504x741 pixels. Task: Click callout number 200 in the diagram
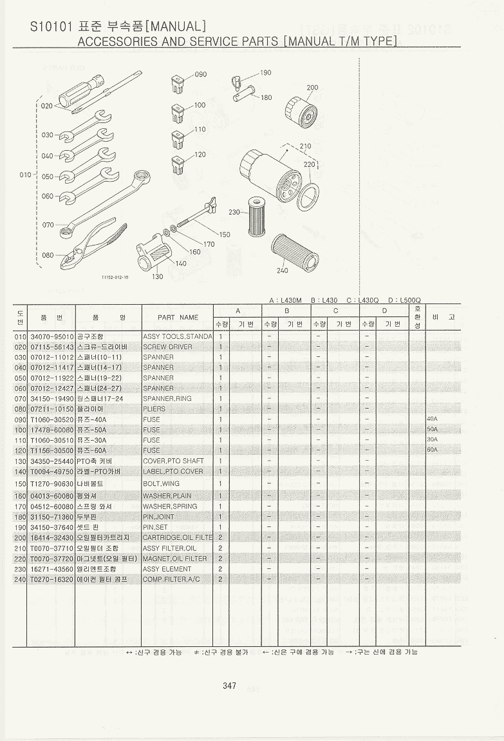pos(312,88)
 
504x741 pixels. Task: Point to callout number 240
pos(282,271)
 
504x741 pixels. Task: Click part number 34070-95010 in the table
pos(51,336)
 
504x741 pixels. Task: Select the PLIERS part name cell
pos(154,409)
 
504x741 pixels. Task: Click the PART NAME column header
pos(178,317)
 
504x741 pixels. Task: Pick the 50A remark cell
pos(432,429)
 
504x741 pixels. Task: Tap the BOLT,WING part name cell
pos(161,483)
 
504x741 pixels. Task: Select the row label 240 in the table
pos(19,579)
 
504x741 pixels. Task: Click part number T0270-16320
pos(51,579)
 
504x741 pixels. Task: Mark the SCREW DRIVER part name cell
pos(167,347)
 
